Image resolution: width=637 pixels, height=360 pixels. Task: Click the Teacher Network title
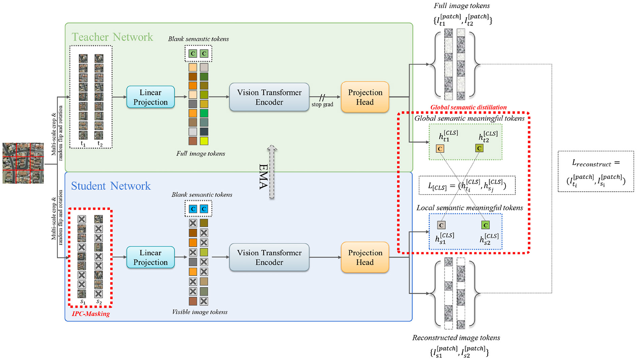(112, 37)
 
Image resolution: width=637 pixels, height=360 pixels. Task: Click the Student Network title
(111, 186)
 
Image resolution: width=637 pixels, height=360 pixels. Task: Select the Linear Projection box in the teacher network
(150, 97)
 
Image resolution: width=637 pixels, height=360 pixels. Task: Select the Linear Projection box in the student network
(150, 258)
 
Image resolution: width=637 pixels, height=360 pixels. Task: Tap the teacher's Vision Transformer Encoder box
(269, 97)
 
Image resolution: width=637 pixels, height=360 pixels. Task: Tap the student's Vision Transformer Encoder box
(269, 258)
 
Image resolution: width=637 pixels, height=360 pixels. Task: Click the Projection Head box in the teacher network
(365, 97)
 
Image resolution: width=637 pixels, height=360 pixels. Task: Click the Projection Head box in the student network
(365, 258)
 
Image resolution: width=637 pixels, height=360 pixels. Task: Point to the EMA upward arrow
(272, 172)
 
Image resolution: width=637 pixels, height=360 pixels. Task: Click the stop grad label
(322, 104)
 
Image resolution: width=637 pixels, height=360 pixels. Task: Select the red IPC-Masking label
(91, 314)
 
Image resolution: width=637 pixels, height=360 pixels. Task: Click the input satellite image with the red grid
(23, 163)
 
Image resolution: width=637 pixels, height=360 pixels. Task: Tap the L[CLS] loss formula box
(467, 186)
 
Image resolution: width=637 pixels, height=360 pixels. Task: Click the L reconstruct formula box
(596, 171)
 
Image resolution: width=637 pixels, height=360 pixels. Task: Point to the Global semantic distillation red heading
(468, 107)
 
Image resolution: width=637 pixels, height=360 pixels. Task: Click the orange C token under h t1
(440, 149)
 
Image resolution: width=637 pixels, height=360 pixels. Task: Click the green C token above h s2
(485, 225)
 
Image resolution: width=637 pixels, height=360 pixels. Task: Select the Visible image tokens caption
(200, 312)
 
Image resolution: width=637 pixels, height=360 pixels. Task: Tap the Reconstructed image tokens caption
(456, 338)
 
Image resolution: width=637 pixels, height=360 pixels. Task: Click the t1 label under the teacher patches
(83, 144)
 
